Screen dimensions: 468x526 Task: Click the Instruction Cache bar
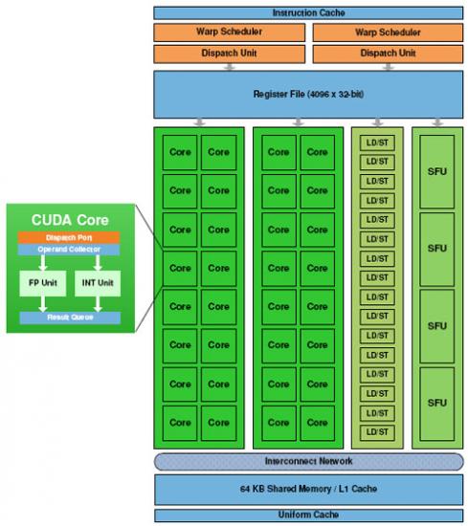coord(308,12)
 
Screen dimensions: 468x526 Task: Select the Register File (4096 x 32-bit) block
coord(308,95)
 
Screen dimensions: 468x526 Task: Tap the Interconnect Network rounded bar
coord(308,461)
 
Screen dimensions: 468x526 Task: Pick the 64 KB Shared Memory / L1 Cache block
coord(308,489)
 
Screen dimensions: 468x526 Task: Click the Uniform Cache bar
coord(308,515)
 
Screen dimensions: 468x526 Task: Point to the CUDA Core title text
coord(70,220)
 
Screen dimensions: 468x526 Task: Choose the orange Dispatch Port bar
coord(69,237)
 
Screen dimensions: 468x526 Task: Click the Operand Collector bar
coord(69,250)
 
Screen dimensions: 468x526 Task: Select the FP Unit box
coord(43,283)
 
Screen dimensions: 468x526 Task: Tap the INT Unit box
coord(98,283)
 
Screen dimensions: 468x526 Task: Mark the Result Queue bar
coord(70,318)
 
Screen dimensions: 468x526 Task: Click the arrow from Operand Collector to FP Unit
coord(43,263)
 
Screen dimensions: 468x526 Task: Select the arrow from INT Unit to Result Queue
coord(98,304)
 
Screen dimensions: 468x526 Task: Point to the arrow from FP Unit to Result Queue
coord(43,304)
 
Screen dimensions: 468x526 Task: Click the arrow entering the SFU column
coord(437,122)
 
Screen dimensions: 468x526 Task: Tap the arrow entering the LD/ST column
coord(378,122)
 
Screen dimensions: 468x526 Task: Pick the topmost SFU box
coord(436,172)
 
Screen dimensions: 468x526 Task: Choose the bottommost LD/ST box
coord(377,432)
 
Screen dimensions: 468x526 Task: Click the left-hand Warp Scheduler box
coord(230,33)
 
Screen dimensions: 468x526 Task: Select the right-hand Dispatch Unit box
coord(388,54)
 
